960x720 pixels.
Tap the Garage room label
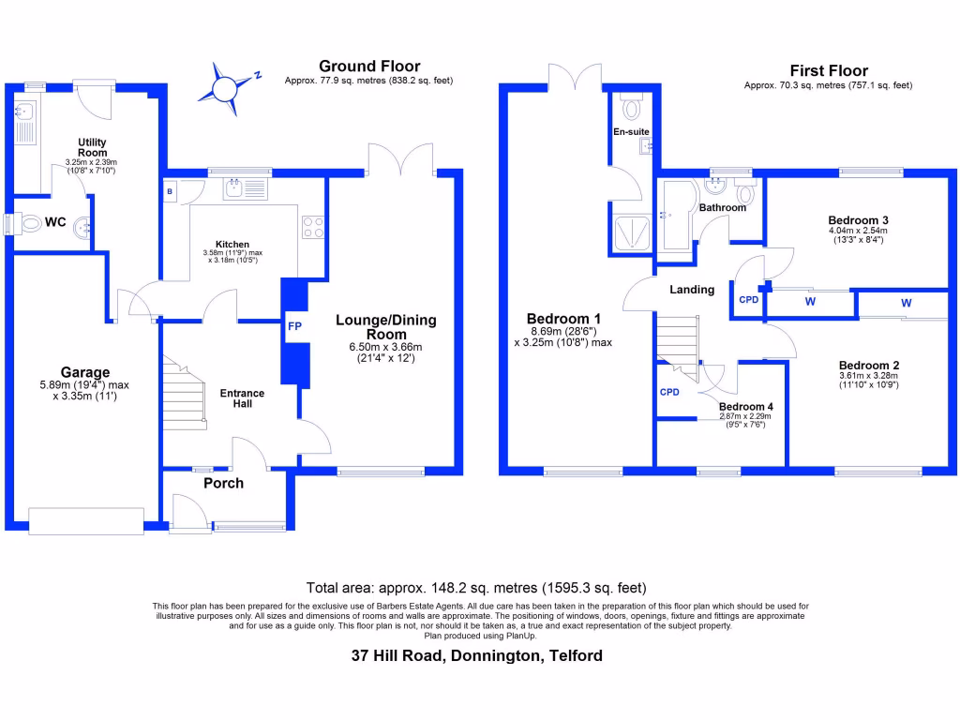coord(85,372)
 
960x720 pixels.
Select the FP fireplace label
coord(294,327)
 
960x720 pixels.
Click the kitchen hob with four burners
coord(313,227)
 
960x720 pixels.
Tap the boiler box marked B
coord(171,190)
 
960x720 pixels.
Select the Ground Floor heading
coord(369,66)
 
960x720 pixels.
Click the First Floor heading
coord(829,70)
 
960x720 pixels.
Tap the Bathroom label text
coord(722,207)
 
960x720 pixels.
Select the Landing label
coord(692,290)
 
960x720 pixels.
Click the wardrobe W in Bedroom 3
coord(808,302)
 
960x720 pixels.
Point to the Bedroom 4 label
coord(742,406)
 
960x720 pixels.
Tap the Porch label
coord(223,483)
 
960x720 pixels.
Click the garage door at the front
coord(86,520)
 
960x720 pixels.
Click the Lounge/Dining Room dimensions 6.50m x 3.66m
coord(386,346)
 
